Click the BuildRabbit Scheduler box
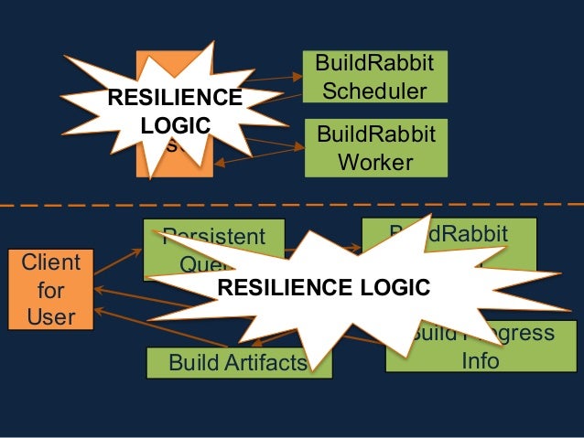375,77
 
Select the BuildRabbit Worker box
375,148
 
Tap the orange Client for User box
50,289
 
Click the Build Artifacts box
237,363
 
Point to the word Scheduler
375,91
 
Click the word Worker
375,163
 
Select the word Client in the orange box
50,262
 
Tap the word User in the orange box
50,317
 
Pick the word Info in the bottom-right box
480,360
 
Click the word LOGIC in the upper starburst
175,124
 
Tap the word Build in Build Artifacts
192,363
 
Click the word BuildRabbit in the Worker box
375,135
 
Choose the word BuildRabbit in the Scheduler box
375,63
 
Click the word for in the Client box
50,290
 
